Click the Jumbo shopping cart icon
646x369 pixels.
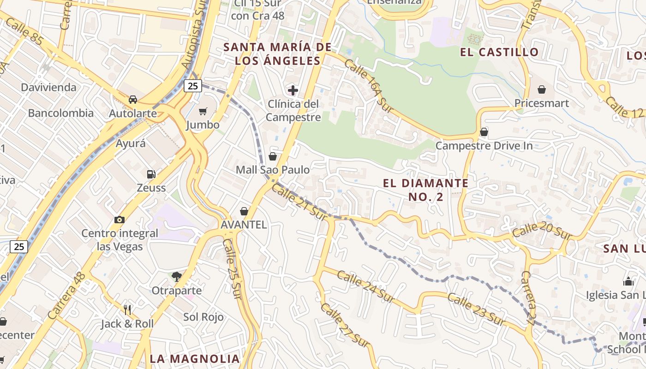(203, 111)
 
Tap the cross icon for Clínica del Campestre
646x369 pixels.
(293, 90)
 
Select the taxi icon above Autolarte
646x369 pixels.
(132, 99)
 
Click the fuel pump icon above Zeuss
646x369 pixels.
(151, 174)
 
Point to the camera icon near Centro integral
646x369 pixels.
(120, 220)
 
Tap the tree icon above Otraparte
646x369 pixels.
(176, 277)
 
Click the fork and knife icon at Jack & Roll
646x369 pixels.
(128, 310)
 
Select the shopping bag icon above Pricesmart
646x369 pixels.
(542, 89)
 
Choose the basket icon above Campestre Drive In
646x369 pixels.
(484, 132)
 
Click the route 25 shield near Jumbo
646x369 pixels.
(193, 85)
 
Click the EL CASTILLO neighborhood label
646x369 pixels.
(499, 52)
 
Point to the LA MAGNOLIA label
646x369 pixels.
(195, 358)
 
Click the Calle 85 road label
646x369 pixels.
(25, 32)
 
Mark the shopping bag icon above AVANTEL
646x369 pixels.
(244, 211)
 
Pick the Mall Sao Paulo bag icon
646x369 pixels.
(273, 156)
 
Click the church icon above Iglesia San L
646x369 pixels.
(628, 281)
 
